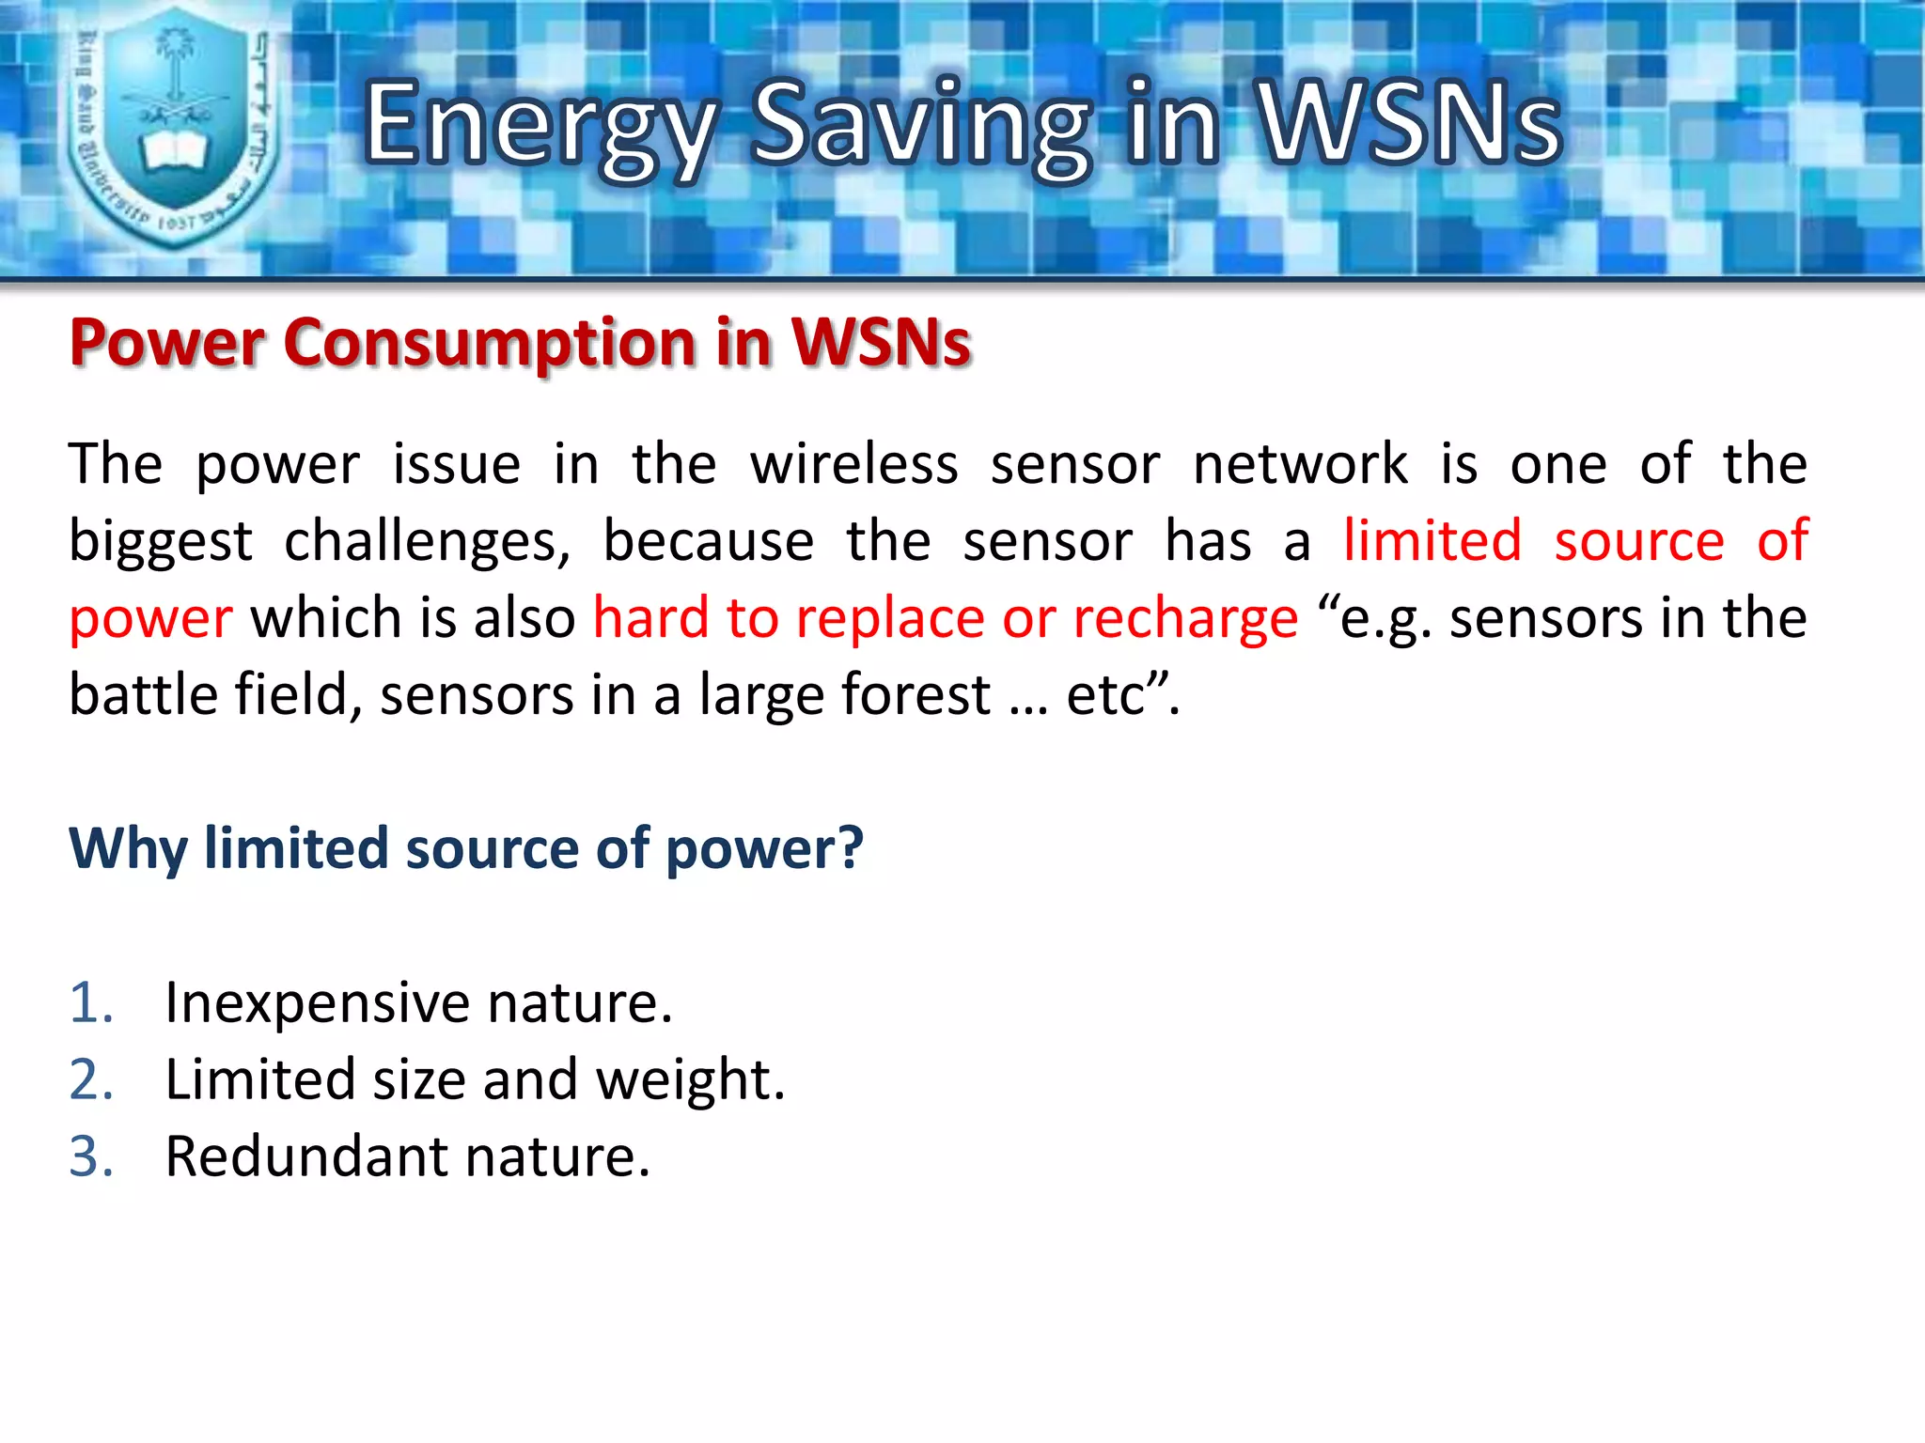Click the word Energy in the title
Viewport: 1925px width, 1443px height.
(x=540, y=127)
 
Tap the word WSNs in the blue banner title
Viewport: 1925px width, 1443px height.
(x=1410, y=122)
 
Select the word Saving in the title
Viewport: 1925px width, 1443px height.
(x=921, y=127)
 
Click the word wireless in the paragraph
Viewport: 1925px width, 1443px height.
(x=853, y=464)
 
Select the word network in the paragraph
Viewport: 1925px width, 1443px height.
(x=1300, y=464)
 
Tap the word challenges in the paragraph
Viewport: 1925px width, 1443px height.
(x=427, y=543)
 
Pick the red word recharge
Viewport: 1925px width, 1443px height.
(x=1185, y=620)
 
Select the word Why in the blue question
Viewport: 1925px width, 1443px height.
(x=128, y=849)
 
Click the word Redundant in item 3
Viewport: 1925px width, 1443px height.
(x=306, y=1156)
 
